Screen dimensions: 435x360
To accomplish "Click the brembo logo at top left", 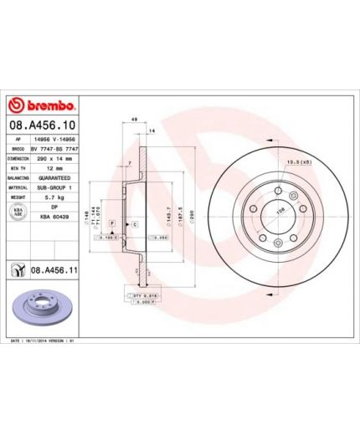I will tap(42, 106).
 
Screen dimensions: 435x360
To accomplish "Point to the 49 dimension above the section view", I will tap(133, 120).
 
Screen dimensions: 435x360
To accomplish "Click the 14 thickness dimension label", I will tap(152, 131).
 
